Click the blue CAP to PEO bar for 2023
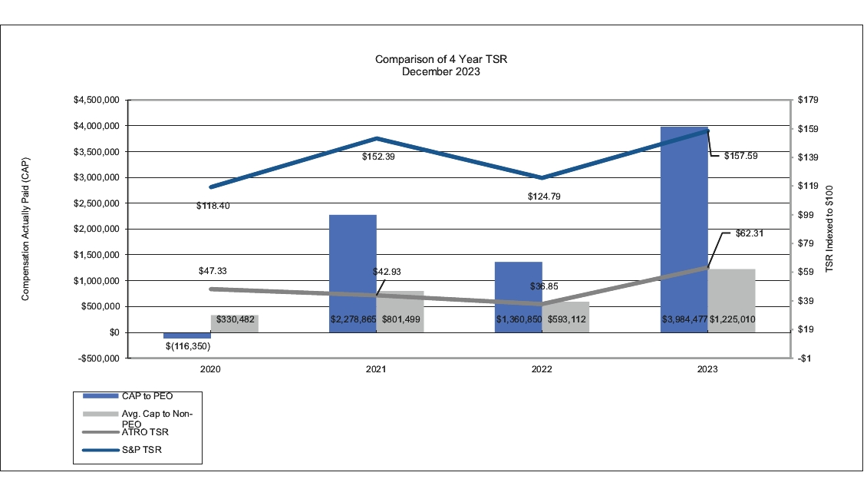[683, 230]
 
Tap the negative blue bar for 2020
[187, 335]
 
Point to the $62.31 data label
[741, 233]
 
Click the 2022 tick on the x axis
[542, 369]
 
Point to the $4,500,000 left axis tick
[96, 100]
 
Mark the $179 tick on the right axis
[810, 100]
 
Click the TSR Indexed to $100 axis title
[829, 230]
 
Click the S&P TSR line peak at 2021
[376, 138]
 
